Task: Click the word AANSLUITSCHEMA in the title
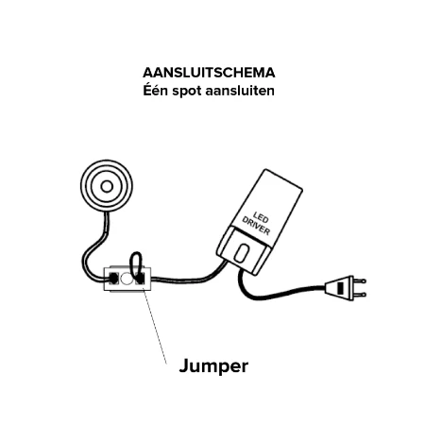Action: (x=209, y=73)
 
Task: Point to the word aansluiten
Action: (x=240, y=91)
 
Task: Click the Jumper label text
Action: (x=213, y=366)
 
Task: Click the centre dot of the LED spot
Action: (x=107, y=187)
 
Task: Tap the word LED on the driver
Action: (x=261, y=218)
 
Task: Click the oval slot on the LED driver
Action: (x=241, y=253)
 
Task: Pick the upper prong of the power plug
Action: (x=360, y=280)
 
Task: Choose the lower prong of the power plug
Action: (x=360, y=296)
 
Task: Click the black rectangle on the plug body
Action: (x=340, y=288)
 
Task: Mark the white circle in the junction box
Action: (x=126, y=279)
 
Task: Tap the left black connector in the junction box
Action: (x=113, y=279)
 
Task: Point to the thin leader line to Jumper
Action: (x=155, y=326)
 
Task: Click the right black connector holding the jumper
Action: (x=140, y=279)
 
